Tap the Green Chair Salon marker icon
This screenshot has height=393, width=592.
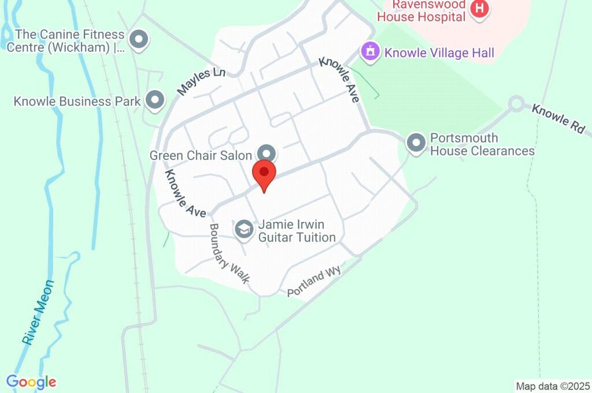coord(267,153)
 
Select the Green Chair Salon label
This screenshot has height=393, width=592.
coord(201,156)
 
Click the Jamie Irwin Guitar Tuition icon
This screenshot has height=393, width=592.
coord(244,229)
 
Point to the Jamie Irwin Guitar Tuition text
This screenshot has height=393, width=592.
coord(297,231)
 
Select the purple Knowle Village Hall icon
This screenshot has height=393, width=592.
coord(370,52)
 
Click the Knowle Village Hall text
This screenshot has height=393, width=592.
coord(439,53)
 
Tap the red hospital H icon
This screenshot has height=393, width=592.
coord(479,9)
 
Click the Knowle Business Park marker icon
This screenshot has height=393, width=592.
coord(154,101)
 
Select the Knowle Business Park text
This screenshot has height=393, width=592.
coord(77,102)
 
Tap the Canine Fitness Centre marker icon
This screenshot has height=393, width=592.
coord(139,40)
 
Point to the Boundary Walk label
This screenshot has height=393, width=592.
coord(229,254)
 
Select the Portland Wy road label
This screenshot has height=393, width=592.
coord(314,281)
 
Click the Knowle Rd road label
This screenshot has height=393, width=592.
coord(558,119)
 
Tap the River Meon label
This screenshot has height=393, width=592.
coord(39,312)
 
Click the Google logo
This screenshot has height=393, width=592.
coord(31,382)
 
